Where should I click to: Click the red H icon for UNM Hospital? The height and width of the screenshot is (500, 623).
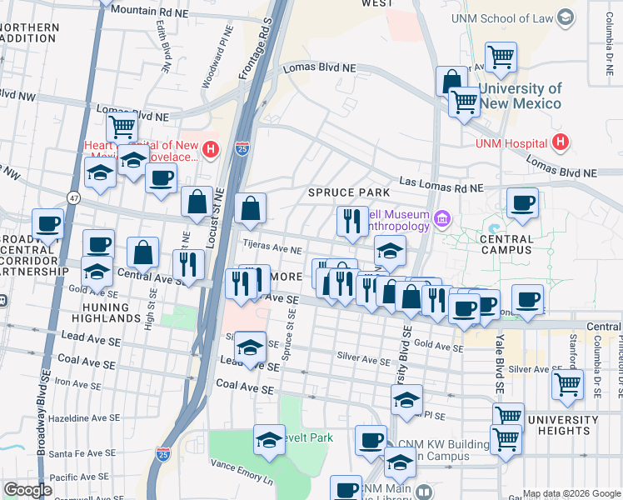click(x=562, y=142)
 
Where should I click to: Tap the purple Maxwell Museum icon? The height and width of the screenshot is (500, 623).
click(x=442, y=221)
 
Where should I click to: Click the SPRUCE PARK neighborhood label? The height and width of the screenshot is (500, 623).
click(x=349, y=192)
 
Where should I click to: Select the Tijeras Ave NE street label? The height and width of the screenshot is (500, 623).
click(x=272, y=248)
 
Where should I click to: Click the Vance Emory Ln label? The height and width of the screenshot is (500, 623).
click(x=242, y=481)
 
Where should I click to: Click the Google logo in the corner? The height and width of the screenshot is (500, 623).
click(x=27, y=490)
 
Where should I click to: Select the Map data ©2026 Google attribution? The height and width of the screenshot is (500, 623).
click(x=571, y=493)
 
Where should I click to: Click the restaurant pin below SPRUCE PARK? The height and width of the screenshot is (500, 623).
click(x=352, y=222)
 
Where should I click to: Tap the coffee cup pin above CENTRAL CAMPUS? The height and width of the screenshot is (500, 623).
click(x=522, y=204)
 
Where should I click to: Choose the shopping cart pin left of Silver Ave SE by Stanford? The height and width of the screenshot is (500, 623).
click(x=567, y=385)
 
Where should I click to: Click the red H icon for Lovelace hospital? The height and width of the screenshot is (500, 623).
click(x=212, y=150)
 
